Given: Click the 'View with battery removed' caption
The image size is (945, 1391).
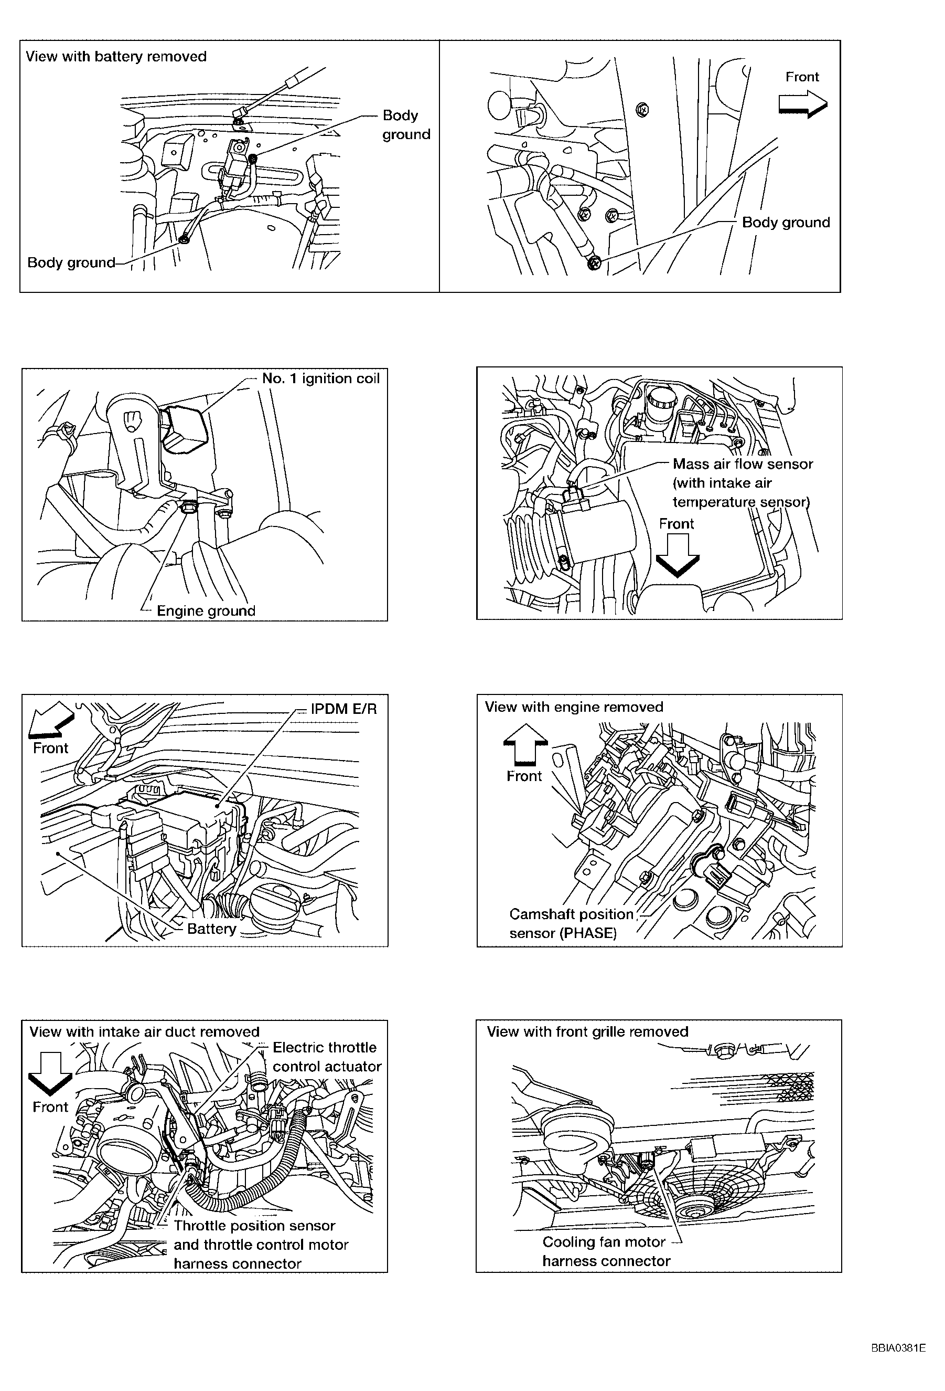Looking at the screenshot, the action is click(116, 57).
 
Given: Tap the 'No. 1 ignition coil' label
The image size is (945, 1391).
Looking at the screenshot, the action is click(320, 378).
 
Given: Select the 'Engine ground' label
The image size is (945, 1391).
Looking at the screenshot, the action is click(206, 610).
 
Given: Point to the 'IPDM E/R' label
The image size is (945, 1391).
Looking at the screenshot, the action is click(343, 709).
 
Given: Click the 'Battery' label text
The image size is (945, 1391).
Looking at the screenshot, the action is click(212, 929).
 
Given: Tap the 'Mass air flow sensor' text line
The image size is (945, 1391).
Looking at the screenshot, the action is click(743, 464).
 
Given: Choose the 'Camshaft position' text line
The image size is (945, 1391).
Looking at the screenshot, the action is click(571, 914).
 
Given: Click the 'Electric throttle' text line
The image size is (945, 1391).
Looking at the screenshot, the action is click(325, 1047).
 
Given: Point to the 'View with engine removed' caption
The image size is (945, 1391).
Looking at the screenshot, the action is click(574, 707).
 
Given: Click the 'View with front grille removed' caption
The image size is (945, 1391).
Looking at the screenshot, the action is click(587, 1031).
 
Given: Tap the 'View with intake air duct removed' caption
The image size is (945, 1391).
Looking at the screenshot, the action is click(144, 1031).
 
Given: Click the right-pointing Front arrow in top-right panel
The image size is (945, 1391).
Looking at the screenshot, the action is click(803, 103).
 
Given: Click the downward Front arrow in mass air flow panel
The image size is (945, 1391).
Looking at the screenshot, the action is click(677, 555).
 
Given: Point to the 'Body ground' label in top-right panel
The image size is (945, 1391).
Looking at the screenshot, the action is click(786, 222).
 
